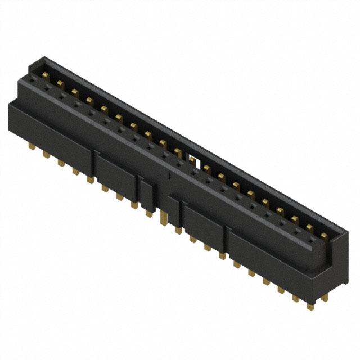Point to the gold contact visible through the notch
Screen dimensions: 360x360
192,161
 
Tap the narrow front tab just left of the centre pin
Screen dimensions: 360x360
146,195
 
